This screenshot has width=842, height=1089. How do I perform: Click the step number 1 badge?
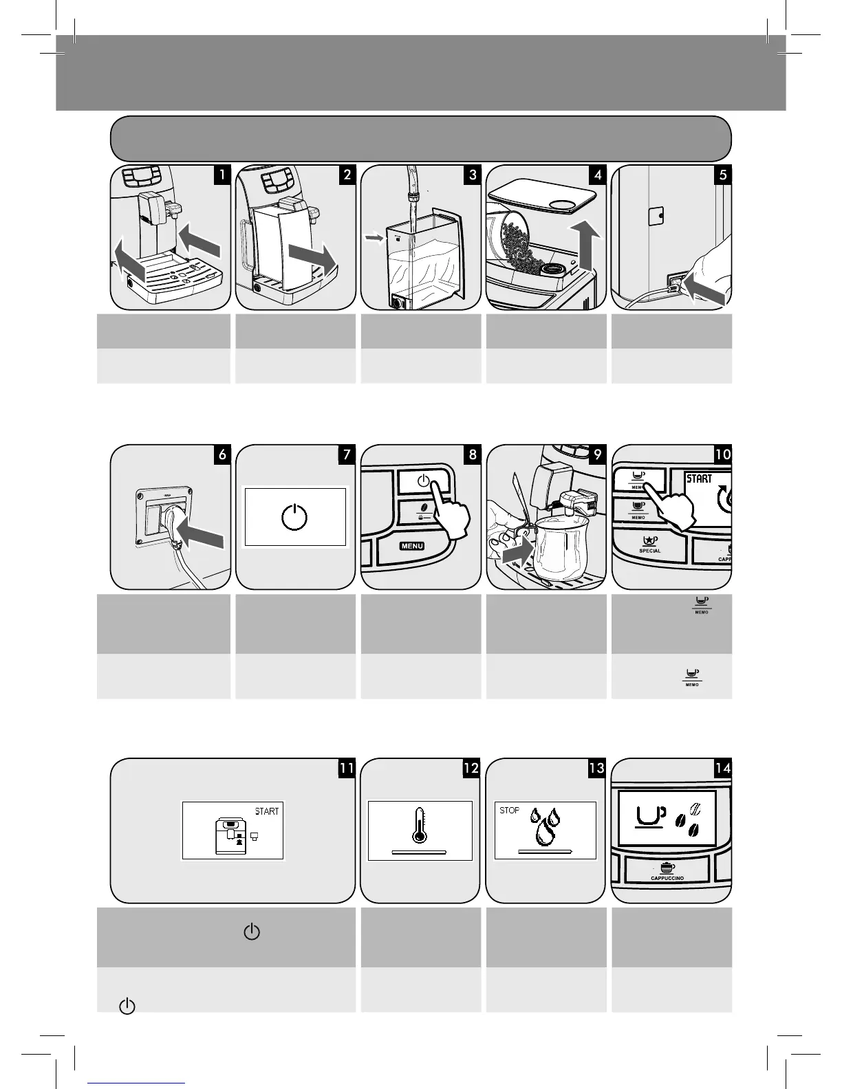point(222,175)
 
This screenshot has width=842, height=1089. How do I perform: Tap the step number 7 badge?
point(346,454)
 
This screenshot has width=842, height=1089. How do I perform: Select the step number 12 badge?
point(471,768)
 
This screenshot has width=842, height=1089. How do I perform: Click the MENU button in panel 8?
point(409,546)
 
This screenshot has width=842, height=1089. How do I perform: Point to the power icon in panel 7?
point(295,517)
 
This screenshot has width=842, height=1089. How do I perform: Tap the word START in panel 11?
point(267,811)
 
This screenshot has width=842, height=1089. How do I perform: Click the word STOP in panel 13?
point(509,811)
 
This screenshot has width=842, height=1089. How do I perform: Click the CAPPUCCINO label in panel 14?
point(667,879)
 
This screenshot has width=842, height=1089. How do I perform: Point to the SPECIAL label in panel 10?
point(649,551)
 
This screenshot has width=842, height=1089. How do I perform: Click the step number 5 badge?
point(722,175)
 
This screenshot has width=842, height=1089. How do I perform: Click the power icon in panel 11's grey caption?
point(252,932)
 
